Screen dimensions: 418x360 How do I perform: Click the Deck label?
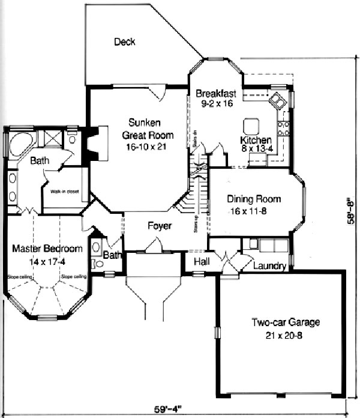click(x=124, y=42)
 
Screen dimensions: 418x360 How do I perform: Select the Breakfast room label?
click(x=216, y=94)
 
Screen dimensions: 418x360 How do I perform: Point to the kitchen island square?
click(x=251, y=125)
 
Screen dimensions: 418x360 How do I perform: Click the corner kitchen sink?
click(x=278, y=100)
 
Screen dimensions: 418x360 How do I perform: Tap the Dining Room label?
click(x=254, y=199)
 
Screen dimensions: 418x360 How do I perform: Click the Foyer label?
click(x=160, y=226)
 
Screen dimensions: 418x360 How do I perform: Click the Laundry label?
click(x=268, y=266)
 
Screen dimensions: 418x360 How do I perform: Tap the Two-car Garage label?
click(x=286, y=323)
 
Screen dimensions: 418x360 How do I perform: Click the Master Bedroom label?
click(x=47, y=249)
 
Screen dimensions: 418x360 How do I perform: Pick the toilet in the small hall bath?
click(x=98, y=263)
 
